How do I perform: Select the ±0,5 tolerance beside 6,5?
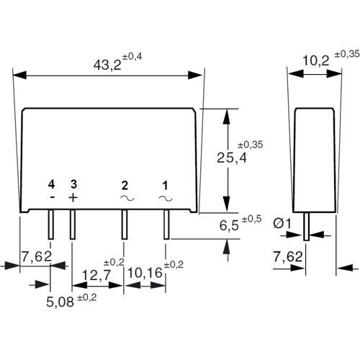click(251, 218)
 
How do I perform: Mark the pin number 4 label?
click(51, 184)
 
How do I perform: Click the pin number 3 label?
click(73, 184)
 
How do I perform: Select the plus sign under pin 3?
click(72, 197)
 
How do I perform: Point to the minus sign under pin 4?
click(51, 197)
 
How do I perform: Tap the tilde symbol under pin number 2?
click(125, 197)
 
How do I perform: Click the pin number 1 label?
click(166, 184)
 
